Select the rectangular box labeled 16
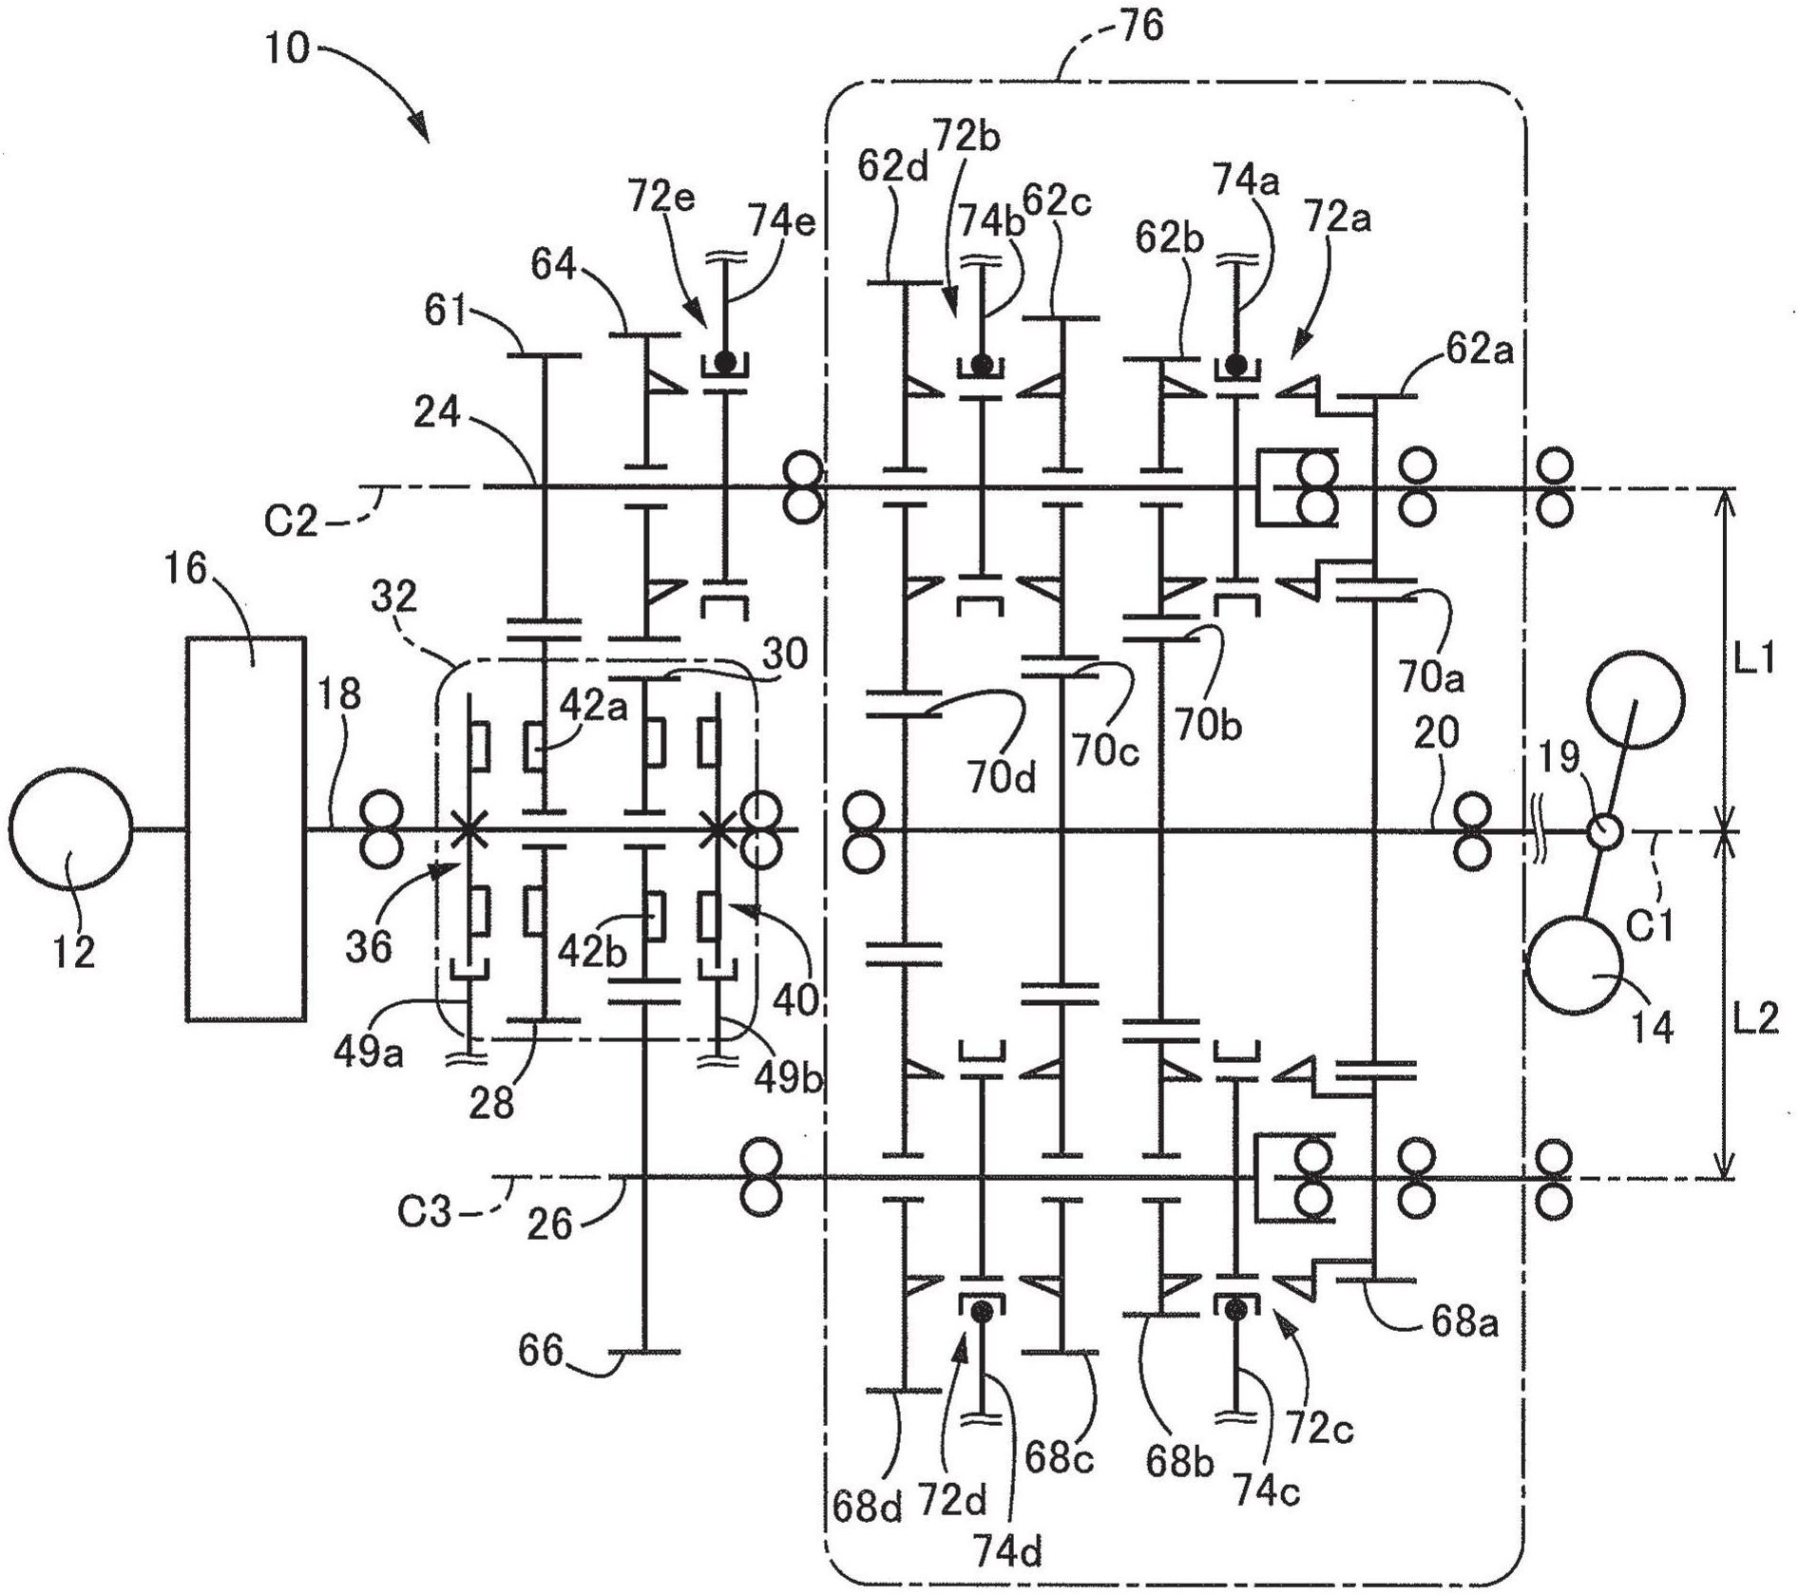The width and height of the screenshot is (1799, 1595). tap(245, 827)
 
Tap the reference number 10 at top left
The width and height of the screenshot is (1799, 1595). tap(287, 47)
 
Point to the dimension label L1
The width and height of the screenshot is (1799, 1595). tap(1754, 658)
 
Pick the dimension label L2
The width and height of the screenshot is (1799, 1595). tap(1754, 1019)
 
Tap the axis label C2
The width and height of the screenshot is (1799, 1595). tap(291, 521)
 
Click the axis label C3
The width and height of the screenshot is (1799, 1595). tap(424, 1211)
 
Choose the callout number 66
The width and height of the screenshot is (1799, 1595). tap(541, 1350)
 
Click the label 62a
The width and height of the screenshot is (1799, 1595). tap(1478, 350)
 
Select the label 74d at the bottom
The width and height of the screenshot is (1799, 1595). tap(1007, 1551)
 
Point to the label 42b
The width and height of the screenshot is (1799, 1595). tap(591, 953)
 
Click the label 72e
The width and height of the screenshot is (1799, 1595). tap(660, 199)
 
